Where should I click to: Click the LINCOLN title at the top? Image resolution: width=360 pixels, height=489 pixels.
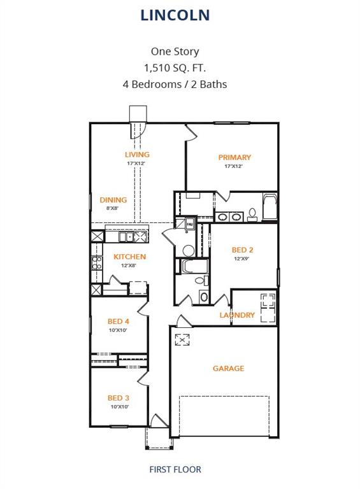175,15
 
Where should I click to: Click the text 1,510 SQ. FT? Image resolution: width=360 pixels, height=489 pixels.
175,67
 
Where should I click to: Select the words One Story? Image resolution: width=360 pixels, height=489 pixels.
175,52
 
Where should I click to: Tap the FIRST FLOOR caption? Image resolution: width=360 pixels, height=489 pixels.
175,470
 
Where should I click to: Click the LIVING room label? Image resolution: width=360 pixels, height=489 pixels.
137,155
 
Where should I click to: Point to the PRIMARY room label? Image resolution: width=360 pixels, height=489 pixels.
234,157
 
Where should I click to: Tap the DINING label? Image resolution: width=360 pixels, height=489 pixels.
113,200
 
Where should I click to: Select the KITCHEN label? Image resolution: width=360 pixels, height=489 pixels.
130,257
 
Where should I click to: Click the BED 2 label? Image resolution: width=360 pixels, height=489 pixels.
243,250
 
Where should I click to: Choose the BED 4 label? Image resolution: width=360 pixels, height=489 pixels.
119,322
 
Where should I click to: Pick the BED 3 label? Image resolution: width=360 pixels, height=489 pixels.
119,398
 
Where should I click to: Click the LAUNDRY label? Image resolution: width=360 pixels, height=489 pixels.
237,315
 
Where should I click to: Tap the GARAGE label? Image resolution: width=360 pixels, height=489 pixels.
228,369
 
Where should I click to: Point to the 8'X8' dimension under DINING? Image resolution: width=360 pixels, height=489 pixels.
113,208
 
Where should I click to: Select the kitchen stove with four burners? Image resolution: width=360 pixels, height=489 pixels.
97,263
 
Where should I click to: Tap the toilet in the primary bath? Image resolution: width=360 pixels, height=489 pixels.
252,214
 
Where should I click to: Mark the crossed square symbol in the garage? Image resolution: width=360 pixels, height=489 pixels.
182,340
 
